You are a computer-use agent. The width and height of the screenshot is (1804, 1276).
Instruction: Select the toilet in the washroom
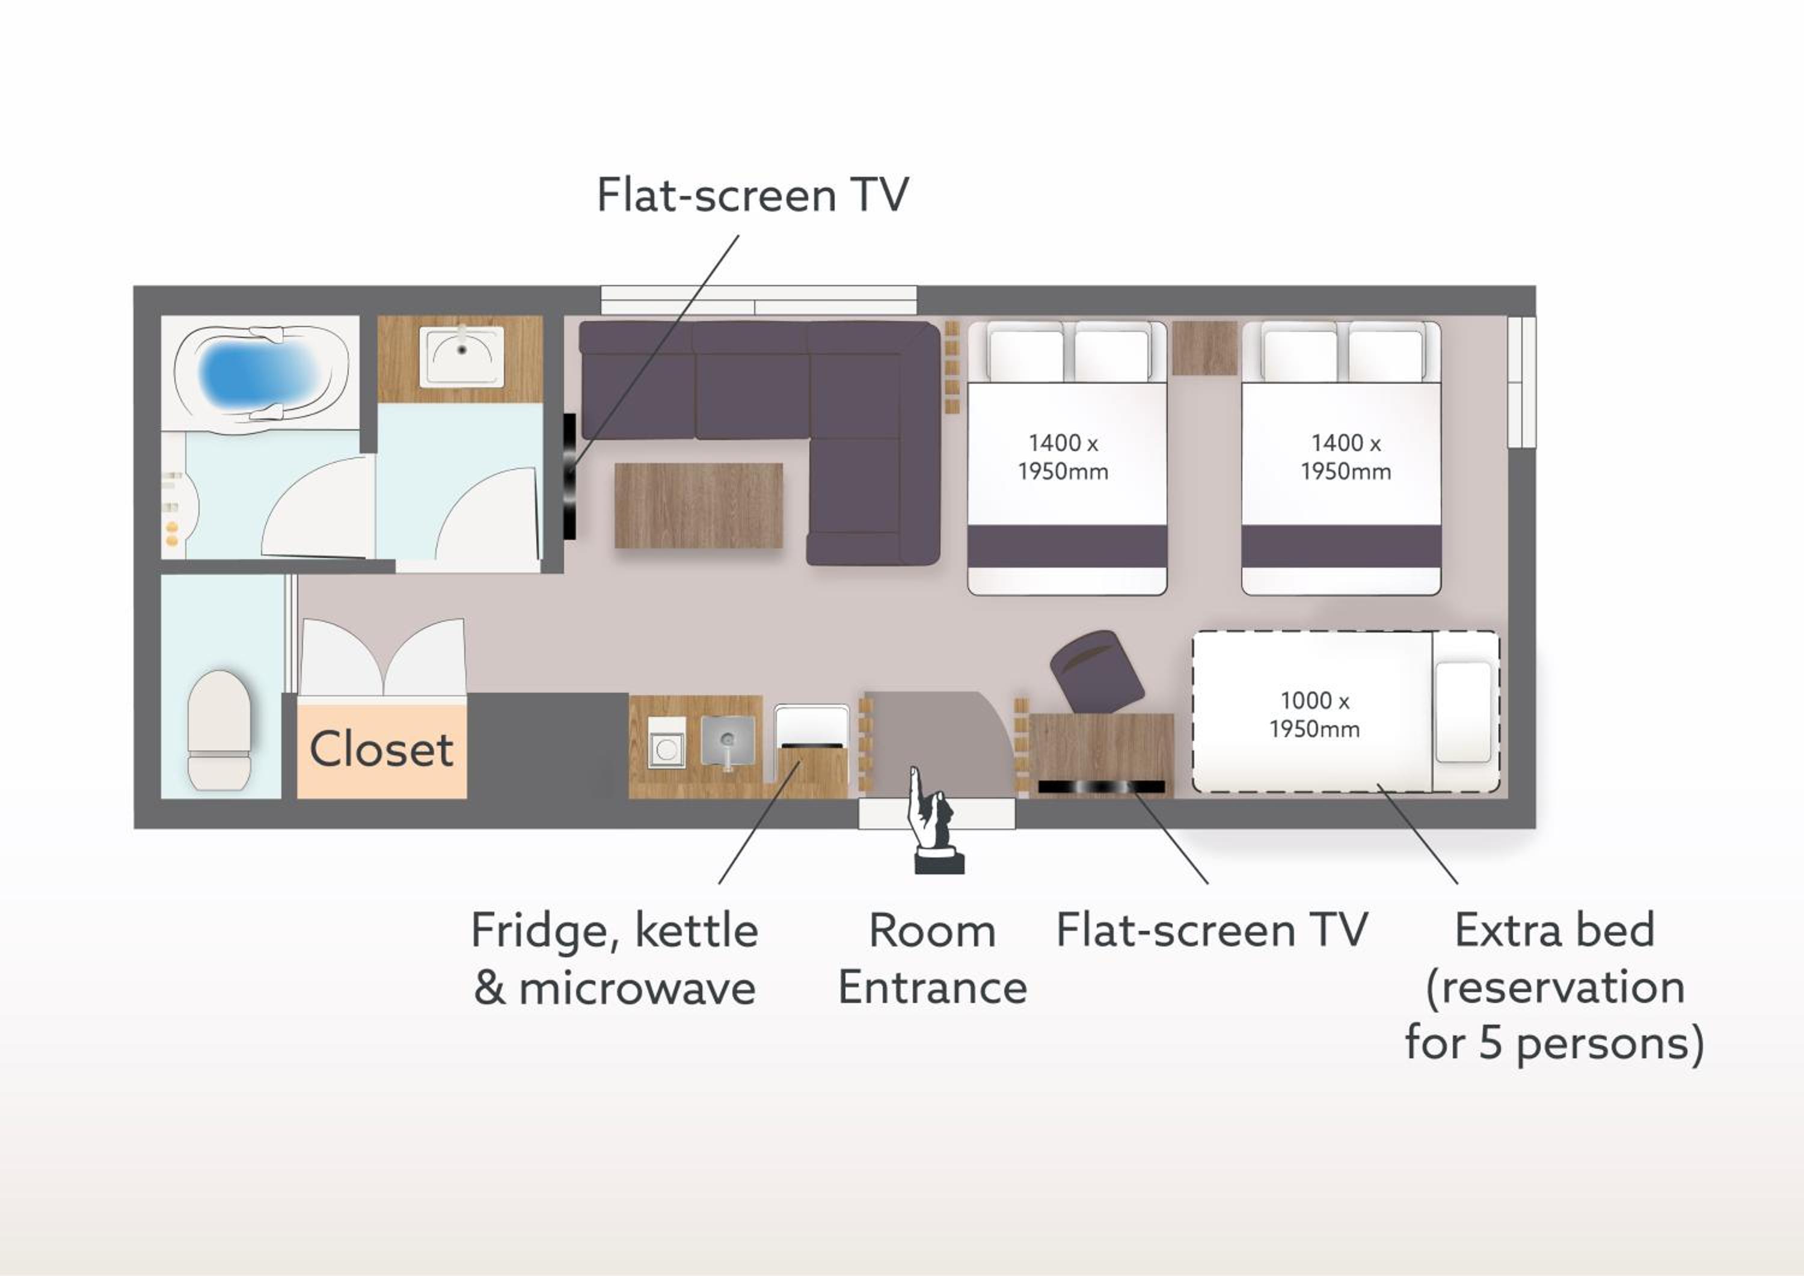coord(219,730)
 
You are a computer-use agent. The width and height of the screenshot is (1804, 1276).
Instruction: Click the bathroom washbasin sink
coord(461,357)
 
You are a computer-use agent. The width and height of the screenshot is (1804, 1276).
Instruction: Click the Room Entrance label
coord(933,959)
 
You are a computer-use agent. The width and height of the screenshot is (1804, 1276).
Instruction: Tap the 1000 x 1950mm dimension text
coord(1315,714)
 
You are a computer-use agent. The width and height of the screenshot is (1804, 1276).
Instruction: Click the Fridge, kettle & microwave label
coord(615,959)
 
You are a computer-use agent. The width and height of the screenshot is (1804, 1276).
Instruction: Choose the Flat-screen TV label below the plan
coord(1212,930)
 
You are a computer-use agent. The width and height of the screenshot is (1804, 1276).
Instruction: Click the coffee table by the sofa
coord(699,505)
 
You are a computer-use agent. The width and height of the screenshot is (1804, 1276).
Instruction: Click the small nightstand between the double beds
coord(1204,348)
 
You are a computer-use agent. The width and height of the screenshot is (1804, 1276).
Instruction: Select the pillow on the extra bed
coord(1464,712)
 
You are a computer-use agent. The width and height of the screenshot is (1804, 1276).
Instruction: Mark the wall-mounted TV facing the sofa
coord(569,477)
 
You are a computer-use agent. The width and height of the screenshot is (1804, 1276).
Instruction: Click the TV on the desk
coord(1102,787)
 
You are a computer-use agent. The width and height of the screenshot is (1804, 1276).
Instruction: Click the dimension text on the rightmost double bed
coord(1345,456)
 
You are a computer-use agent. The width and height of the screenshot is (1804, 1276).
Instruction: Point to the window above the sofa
coord(758,300)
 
